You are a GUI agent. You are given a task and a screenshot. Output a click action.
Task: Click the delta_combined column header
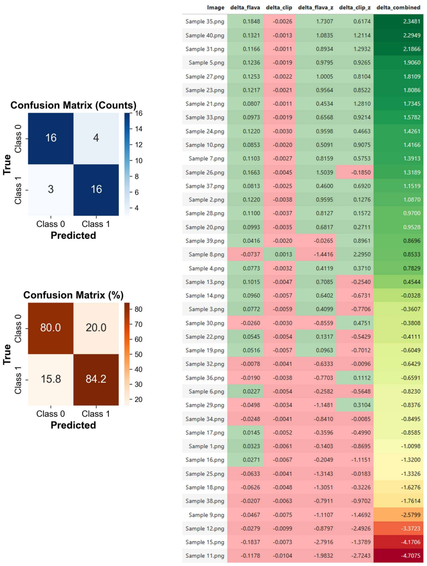(x=398, y=7)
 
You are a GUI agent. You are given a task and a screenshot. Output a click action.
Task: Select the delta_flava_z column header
(x=315, y=7)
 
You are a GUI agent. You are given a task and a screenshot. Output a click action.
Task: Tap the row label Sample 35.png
(x=205, y=21)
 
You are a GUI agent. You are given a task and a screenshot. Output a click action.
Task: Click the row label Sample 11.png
(x=205, y=556)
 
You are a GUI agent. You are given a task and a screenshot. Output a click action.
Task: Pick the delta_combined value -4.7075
(x=411, y=556)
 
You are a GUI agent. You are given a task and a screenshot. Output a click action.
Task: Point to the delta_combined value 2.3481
(x=412, y=21)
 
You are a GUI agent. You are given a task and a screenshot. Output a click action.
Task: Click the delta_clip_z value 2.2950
(x=362, y=255)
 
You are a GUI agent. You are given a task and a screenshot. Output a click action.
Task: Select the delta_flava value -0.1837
(x=250, y=542)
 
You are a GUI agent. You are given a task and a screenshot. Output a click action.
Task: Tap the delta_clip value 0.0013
(x=284, y=255)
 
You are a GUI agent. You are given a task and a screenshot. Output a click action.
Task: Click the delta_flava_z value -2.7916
(x=323, y=542)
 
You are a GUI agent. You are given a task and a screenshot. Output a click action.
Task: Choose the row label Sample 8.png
(x=206, y=255)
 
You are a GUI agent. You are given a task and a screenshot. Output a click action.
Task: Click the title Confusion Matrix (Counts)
(x=73, y=105)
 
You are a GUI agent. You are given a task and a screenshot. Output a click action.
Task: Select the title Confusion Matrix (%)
(x=73, y=295)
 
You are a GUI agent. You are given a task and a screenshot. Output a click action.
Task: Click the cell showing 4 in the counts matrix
(x=96, y=138)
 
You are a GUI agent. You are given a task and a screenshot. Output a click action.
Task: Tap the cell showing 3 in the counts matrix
(x=51, y=190)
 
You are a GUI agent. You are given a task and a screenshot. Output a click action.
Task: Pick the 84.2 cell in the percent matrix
(x=96, y=380)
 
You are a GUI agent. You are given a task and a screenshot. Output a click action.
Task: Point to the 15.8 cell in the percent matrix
(x=51, y=380)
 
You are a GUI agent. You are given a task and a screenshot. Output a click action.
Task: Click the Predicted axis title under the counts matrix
(x=73, y=235)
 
